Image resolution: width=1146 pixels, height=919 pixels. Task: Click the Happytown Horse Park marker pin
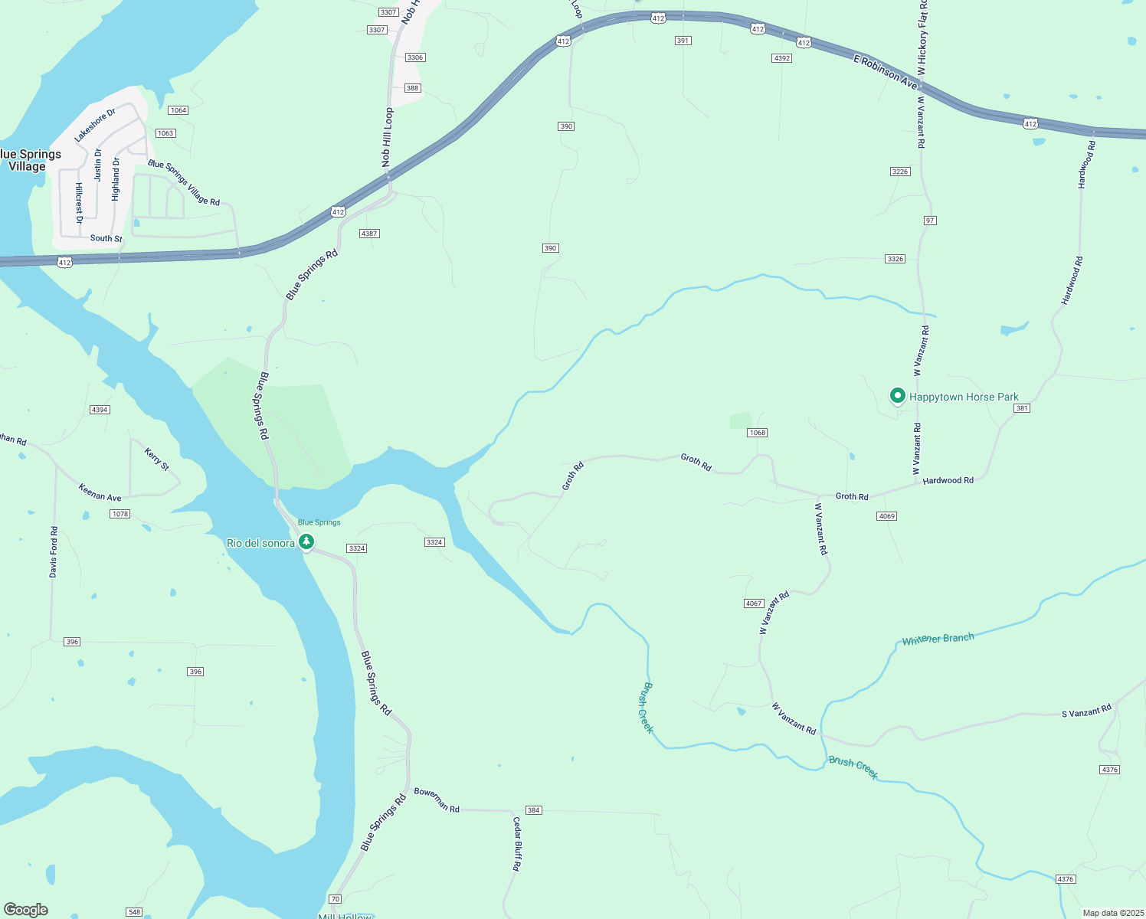tap(897, 396)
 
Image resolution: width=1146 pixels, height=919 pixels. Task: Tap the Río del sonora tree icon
tap(306, 542)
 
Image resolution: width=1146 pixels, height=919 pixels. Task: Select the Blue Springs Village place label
tap(29, 160)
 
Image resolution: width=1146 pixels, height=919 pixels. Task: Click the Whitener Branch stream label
tap(938, 639)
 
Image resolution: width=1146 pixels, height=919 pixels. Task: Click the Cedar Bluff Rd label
tap(517, 843)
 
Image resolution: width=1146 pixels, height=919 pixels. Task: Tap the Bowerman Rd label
tap(437, 800)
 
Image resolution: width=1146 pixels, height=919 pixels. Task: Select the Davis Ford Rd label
tap(54, 551)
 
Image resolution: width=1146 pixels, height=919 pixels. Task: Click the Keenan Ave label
tap(100, 492)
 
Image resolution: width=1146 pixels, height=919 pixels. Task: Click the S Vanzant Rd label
tap(1085, 711)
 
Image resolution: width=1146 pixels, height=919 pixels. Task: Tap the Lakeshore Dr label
tap(95, 125)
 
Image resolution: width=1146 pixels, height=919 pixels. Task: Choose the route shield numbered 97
tap(930, 221)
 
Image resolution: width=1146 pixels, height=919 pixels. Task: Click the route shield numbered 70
tap(335, 898)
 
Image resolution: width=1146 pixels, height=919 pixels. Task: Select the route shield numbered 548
tap(135, 912)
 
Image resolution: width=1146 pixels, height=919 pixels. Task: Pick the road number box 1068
tap(757, 433)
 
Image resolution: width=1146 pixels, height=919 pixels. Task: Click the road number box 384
tap(533, 810)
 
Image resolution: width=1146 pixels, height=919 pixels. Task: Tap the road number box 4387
tap(369, 234)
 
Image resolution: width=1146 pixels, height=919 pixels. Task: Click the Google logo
tap(26, 910)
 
